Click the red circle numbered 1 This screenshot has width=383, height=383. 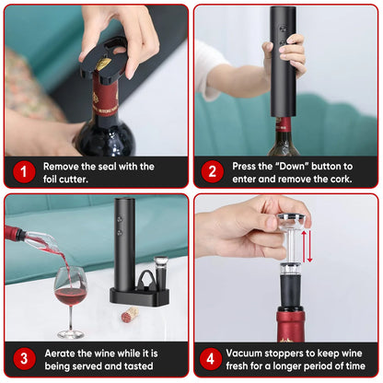click(23, 171)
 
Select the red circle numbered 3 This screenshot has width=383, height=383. click(23, 359)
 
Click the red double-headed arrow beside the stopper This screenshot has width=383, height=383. click(309, 246)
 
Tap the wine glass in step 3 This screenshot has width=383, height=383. click(69, 295)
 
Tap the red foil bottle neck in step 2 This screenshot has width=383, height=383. click(284, 126)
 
